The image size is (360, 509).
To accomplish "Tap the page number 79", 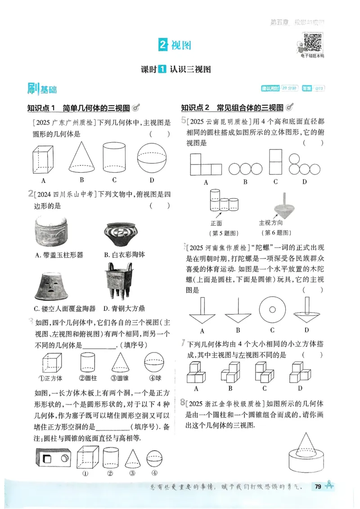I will pos(318,486).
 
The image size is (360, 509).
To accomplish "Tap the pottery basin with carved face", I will pos(53,286).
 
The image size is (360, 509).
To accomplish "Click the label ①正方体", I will pos(50,378).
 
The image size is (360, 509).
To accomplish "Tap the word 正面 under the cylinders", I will pos(216,223).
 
